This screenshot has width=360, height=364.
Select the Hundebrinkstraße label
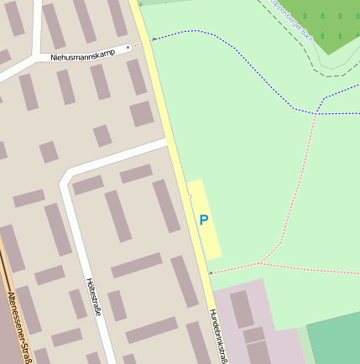click(220, 335)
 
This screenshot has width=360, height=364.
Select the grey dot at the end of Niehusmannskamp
click(128, 48)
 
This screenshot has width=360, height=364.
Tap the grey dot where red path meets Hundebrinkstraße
click(210, 273)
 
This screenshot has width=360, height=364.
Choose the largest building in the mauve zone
click(242, 309)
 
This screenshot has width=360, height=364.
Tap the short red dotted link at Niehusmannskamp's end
click(138, 44)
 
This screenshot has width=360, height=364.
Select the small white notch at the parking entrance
click(190, 197)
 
